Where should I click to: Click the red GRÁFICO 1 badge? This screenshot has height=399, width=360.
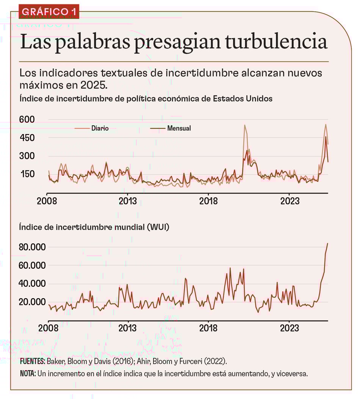48,11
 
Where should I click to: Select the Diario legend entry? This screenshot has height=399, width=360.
100,128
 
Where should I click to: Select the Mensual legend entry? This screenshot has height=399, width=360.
179,128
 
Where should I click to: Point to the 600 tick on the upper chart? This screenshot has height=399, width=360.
27,120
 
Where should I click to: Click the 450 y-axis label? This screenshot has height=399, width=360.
27,138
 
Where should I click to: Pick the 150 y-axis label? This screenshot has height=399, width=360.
27,174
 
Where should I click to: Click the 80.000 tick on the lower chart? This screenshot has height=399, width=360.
33,247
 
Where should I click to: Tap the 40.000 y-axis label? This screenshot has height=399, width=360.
33,284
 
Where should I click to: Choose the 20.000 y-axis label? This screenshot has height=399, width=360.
33,302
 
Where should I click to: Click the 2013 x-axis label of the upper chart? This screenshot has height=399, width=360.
128,201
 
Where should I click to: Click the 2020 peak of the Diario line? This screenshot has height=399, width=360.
245,125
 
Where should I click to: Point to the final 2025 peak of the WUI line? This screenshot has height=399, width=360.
327,244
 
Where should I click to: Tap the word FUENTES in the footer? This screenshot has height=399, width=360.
32,361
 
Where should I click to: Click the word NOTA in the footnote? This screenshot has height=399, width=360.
28,374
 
